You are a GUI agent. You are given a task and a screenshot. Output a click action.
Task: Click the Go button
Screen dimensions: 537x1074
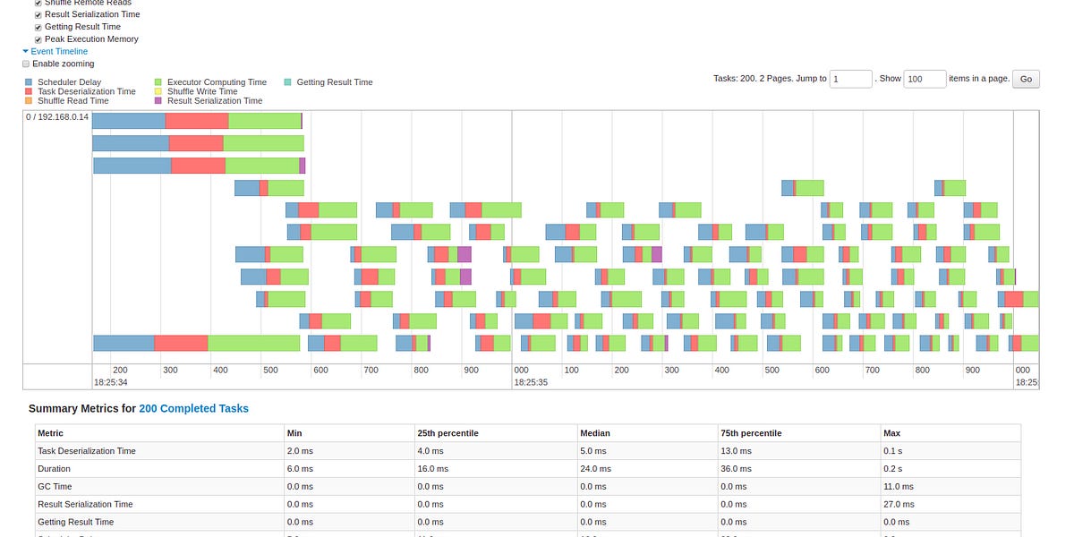pos(1026,79)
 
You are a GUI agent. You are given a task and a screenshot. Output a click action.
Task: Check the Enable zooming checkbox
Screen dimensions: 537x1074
pos(26,64)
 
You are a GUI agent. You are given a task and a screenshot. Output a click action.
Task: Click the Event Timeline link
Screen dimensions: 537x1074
pos(59,52)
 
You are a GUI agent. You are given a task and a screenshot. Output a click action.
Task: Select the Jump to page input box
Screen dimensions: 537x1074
pos(850,79)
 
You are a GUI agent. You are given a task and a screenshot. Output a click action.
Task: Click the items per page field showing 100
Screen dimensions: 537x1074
pos(924,79)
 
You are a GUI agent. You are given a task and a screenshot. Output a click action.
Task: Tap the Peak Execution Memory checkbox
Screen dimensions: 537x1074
pos(38,39)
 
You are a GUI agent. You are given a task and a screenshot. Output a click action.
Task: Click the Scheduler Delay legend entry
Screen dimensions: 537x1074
pos(69,82)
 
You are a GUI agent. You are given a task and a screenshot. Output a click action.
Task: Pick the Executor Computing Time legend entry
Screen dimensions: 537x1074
pos(210,82)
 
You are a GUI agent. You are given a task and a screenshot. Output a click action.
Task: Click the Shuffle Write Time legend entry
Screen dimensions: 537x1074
pos(201,91)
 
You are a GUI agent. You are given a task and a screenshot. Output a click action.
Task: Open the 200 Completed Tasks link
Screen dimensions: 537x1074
pos(193,408)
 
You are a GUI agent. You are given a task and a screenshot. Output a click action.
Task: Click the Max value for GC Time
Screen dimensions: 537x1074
pos(899,486)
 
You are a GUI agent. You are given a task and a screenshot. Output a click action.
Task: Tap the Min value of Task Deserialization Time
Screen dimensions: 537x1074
pos(300,451)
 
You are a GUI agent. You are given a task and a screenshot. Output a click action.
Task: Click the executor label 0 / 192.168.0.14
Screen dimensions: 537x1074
pos(57,117)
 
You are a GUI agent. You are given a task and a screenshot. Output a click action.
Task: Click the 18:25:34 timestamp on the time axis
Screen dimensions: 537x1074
pos(111,382)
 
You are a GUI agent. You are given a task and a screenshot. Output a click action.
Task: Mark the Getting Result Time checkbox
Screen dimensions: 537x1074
pos(38,27)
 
